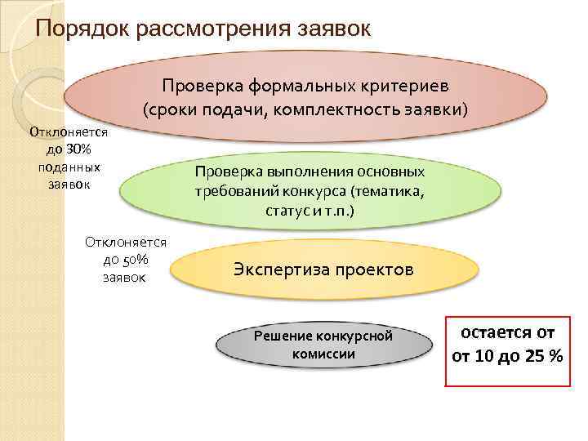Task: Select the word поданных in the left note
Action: point(69,167)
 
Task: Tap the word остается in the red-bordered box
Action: point(490,333)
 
